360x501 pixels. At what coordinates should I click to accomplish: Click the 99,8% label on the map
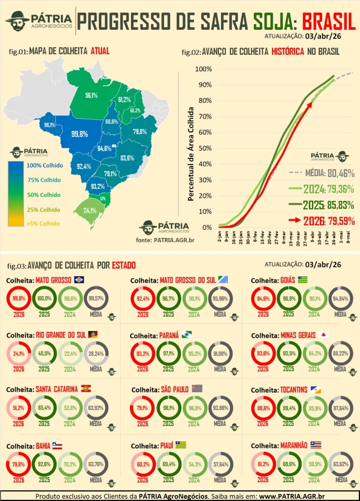pyautogui.click(x=80, y=134)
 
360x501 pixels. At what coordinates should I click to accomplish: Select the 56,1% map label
pyautogui.click(x=91, y=95)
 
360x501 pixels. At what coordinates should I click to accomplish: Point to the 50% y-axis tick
pyautogui.click(x=203, y=148)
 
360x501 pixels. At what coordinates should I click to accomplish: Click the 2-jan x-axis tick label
pyautogui.click(x=220, y=238)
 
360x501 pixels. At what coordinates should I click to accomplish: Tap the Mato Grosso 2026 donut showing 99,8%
pyautogui.click(x=18, y=298)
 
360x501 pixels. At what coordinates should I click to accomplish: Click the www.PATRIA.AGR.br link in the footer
pyautogui.click(x=292, y=496)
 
